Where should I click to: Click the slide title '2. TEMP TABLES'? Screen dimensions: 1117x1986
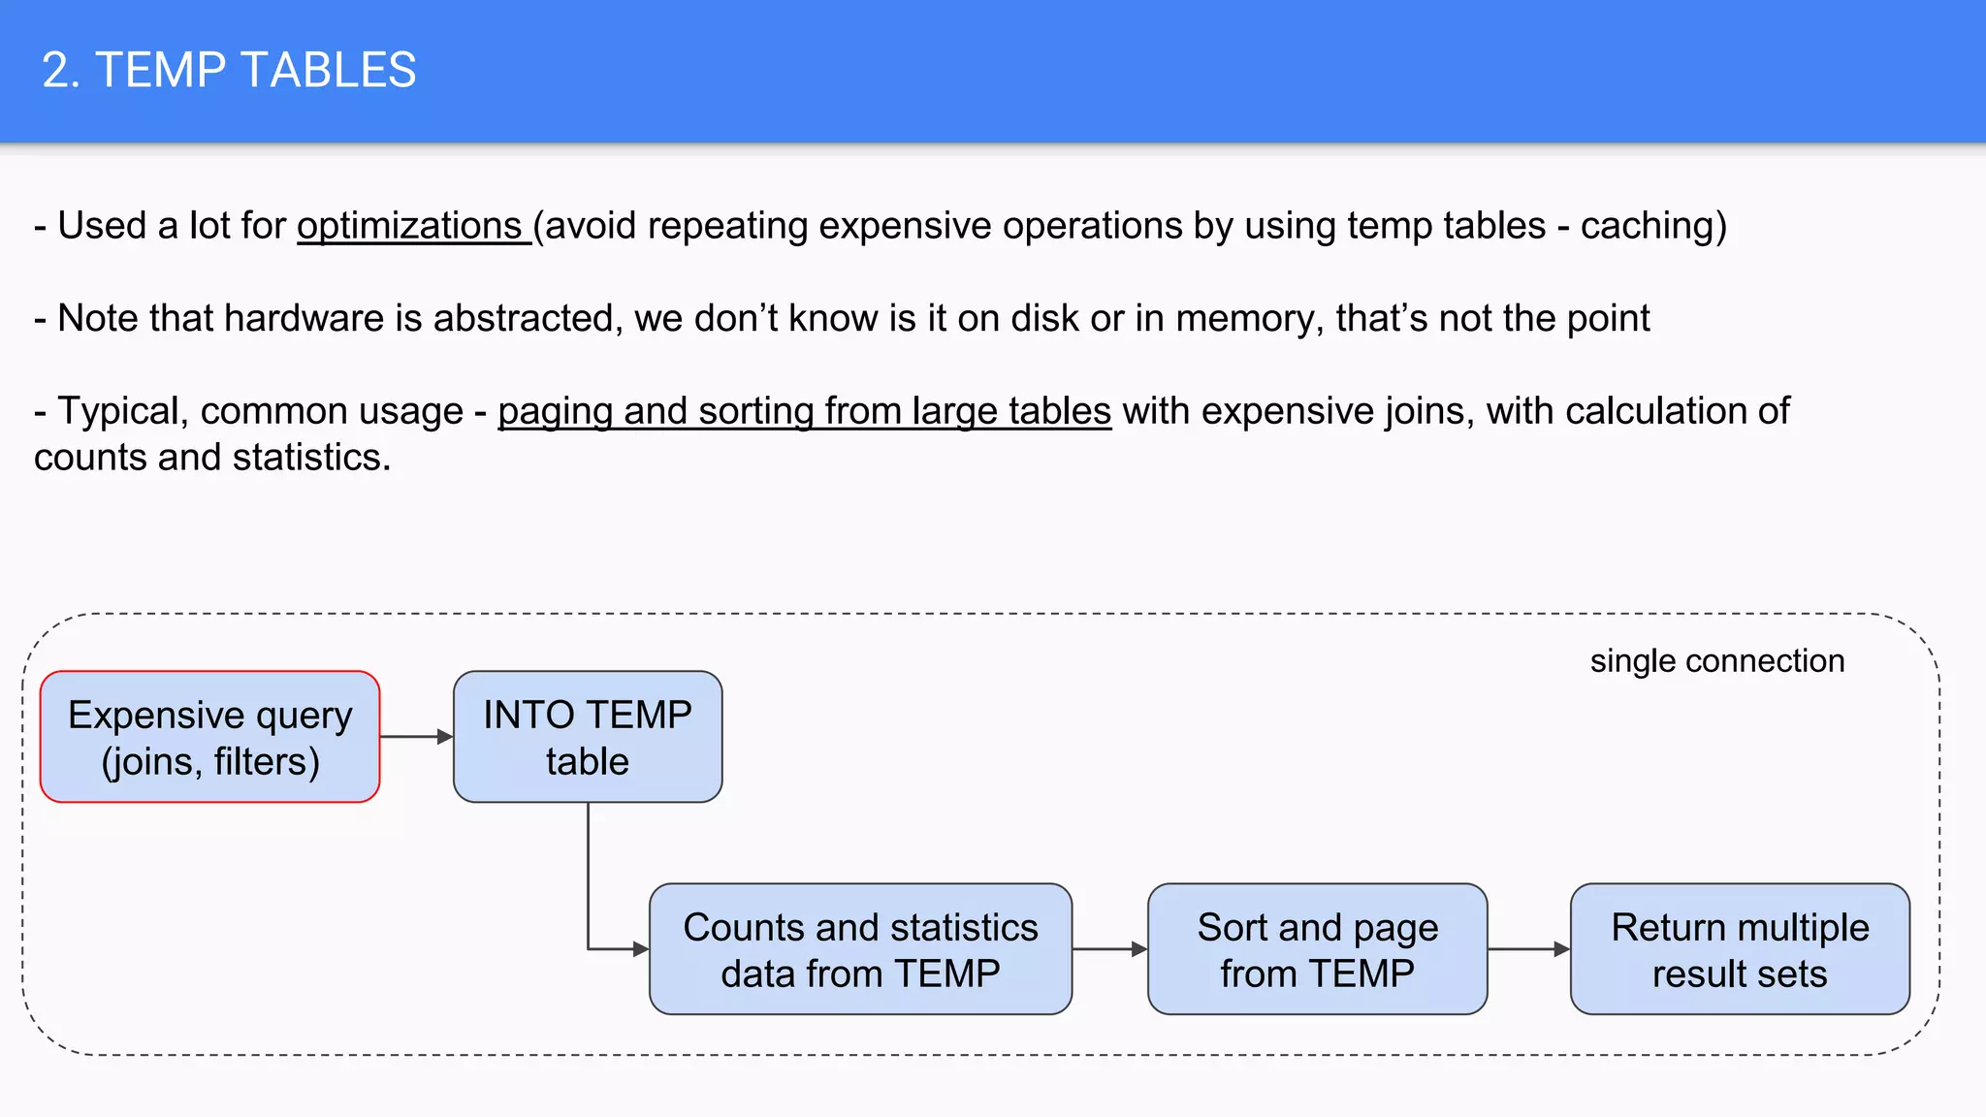point(229,71)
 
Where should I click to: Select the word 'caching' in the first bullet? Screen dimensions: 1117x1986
point(1648,226)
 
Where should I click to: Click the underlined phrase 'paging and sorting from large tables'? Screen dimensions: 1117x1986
point(804,411)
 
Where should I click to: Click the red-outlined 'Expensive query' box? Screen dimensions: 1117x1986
point(210,737)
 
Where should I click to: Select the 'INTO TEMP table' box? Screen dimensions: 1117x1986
point(588,737)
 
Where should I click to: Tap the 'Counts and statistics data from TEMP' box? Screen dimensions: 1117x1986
point(860,949)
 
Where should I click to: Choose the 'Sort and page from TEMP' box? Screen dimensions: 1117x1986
point(1317,949)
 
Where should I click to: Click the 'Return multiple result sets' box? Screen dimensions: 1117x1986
point(1740,949)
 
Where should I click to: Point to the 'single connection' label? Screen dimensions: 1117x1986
point(1717,661)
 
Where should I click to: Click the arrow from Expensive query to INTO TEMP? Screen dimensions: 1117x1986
point(416,737)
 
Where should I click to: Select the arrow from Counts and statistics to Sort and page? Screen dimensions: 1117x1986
point(1109,949)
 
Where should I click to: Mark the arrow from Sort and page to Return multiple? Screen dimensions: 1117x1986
point(1528,949)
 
